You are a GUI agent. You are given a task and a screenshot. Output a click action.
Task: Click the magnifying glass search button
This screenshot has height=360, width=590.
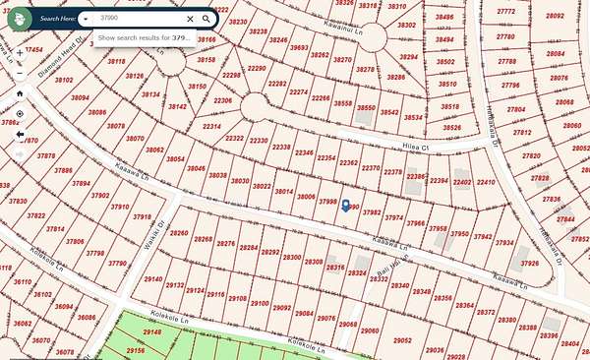[x=206, y=19]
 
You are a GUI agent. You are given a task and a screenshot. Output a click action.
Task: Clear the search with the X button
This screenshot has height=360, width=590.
[x=190, y=19]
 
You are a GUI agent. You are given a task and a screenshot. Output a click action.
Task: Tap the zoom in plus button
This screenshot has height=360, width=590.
[x=19, y=68]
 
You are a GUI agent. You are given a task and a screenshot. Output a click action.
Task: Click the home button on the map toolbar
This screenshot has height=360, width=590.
[x=19, y=93]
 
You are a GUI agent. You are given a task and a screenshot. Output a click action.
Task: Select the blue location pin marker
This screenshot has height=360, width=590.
[x=345, y=206]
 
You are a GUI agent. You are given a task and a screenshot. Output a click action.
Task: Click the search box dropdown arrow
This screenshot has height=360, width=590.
[x=87, y=19]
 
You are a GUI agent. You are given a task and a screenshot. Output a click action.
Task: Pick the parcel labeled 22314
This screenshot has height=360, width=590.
[x=211, y=127]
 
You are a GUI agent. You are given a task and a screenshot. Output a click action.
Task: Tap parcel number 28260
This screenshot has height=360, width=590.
[x=180, y=233]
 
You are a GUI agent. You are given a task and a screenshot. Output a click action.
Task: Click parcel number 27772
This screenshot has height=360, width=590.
[x=506, y=11]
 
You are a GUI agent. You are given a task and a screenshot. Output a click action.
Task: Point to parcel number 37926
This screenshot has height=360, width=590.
[x=529, y=263]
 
